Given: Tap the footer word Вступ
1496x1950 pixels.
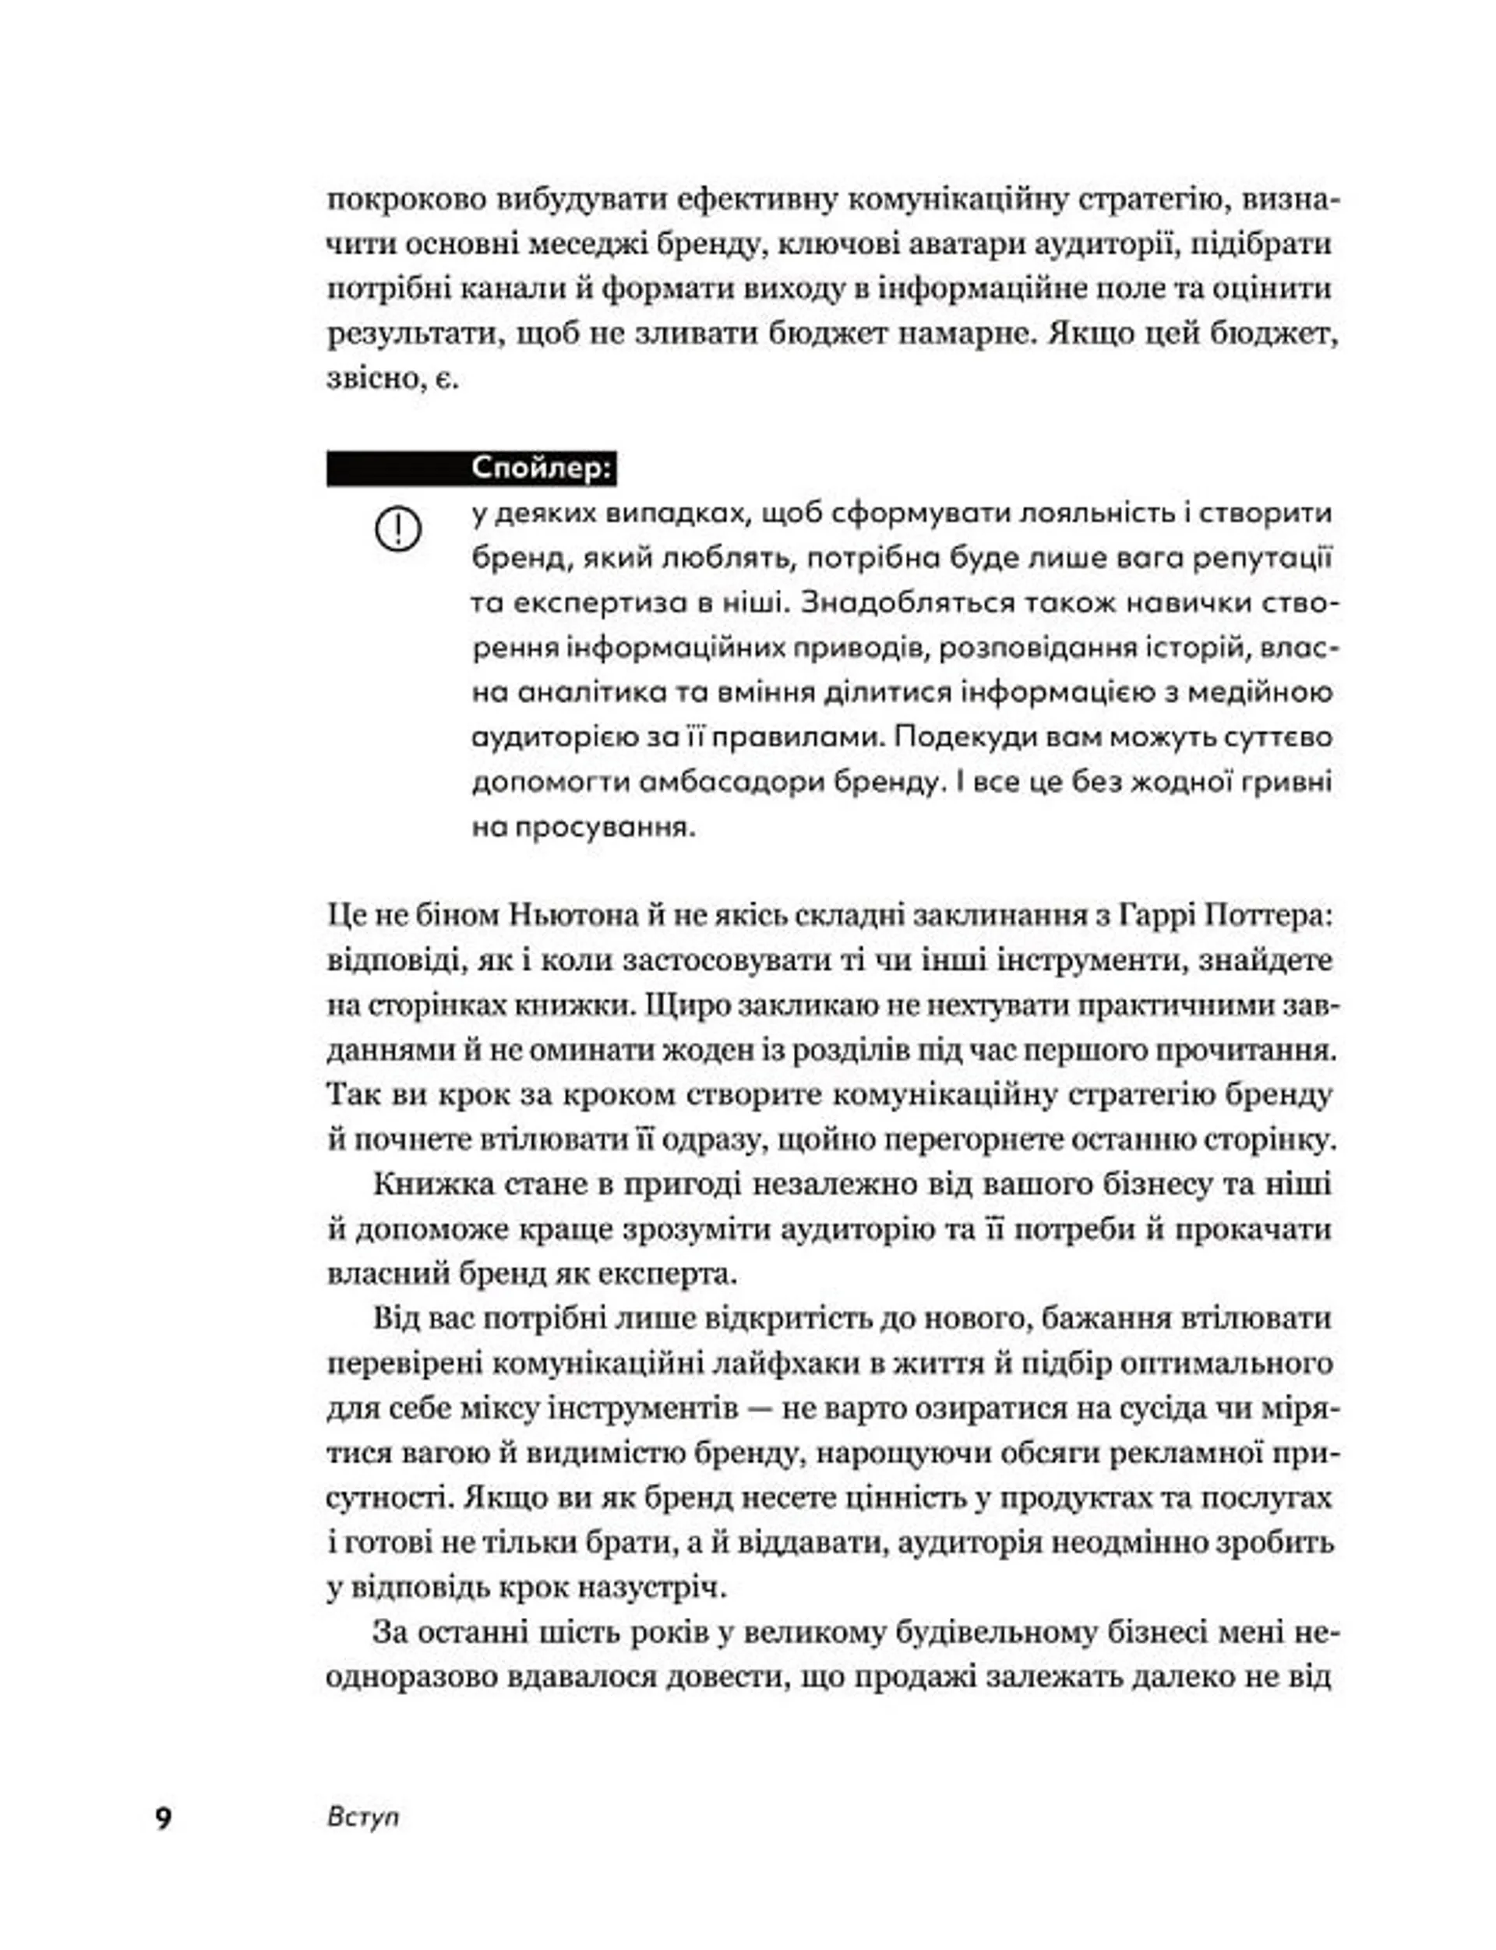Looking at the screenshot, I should (363, 1817).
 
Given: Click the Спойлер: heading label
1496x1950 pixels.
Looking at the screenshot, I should (542, 468).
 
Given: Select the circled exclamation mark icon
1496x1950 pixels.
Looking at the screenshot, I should (398, 531).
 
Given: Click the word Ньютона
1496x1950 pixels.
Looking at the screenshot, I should (574, 916).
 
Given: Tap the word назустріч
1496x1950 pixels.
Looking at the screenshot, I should (641, 1588).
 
